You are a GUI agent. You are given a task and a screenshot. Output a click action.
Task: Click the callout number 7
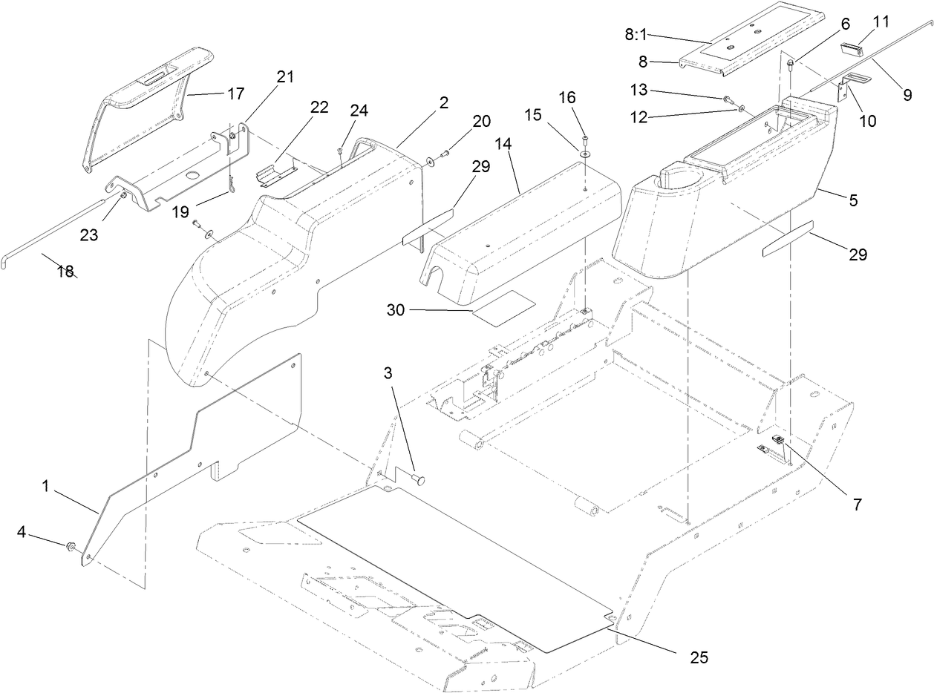(857, 505)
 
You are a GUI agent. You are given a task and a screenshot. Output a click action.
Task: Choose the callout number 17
(236, 94)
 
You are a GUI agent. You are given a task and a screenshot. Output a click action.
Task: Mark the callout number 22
(319, 107)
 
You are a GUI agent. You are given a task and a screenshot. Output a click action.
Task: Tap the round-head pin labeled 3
(419, 481)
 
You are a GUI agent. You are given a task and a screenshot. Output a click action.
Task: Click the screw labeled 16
(584, 139)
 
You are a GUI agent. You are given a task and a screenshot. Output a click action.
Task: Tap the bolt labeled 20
(444, 155)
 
